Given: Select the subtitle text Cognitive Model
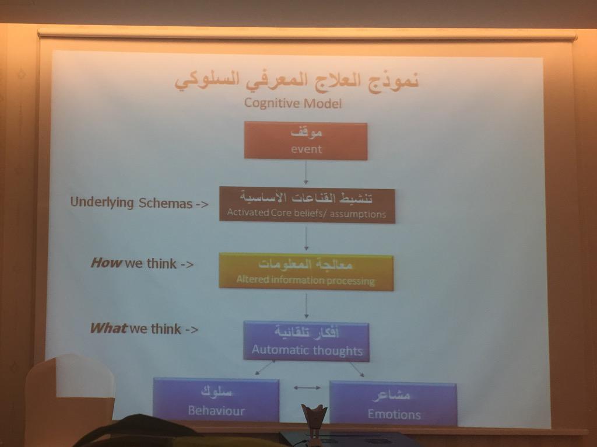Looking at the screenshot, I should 293,103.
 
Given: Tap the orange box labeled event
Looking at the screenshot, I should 305,141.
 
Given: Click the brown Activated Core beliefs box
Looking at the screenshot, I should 307,204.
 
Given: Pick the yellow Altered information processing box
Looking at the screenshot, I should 306,271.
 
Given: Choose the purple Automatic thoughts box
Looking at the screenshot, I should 307,341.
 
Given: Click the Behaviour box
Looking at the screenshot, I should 216,400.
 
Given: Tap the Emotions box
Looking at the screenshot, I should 394,403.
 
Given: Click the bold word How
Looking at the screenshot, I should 106,263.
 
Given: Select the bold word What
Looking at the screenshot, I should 108,329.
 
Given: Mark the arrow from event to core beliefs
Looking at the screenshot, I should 305,173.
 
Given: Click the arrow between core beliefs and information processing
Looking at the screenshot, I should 306,238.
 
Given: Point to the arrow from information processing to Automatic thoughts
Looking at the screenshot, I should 306,305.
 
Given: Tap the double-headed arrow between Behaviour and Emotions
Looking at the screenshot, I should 307,387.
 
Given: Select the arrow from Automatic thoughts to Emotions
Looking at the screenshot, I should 356,369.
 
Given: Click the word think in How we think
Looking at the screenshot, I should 161,263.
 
